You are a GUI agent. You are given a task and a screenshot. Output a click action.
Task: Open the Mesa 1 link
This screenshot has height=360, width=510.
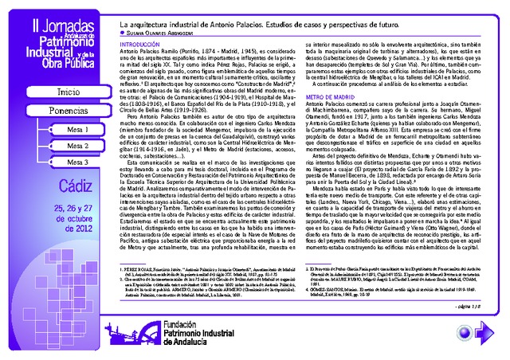pyautogui.click(x=76, y=129)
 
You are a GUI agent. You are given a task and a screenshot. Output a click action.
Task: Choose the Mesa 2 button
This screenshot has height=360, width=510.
pyautogui.click(x=76, y=146)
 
